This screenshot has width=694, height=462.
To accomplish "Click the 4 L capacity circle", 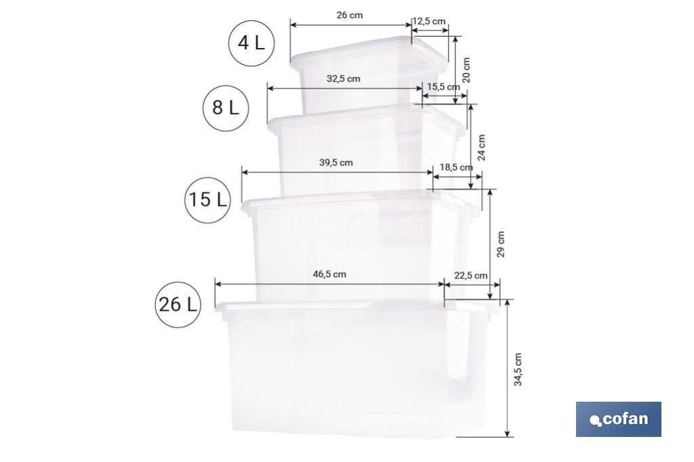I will coord(251,43).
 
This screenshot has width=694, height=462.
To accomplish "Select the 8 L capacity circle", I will coord(226,107).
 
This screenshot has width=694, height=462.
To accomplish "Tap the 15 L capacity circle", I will coord(207,200).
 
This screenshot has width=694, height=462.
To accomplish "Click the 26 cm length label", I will coord(349,15).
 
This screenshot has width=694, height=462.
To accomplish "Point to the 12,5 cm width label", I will coord(429,22).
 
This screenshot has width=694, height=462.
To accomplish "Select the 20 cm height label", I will coord(466,70).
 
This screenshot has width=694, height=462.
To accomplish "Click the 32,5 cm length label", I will coord(344,79).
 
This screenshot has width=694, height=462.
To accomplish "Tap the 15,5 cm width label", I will coord(444,87).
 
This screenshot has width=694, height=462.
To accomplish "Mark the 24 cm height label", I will coord(482,147).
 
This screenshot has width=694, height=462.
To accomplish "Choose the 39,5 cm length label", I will coord(336,163).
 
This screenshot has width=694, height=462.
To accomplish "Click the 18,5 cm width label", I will coord(456,167).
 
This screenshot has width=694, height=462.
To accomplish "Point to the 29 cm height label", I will coord(501,244).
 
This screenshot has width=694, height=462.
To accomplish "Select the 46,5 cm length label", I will coord(329,274).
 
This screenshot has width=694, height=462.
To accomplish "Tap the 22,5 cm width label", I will coord(471,276).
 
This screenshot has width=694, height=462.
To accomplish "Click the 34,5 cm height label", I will coord(518,369).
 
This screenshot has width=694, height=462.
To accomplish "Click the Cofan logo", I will coord(618,419).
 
